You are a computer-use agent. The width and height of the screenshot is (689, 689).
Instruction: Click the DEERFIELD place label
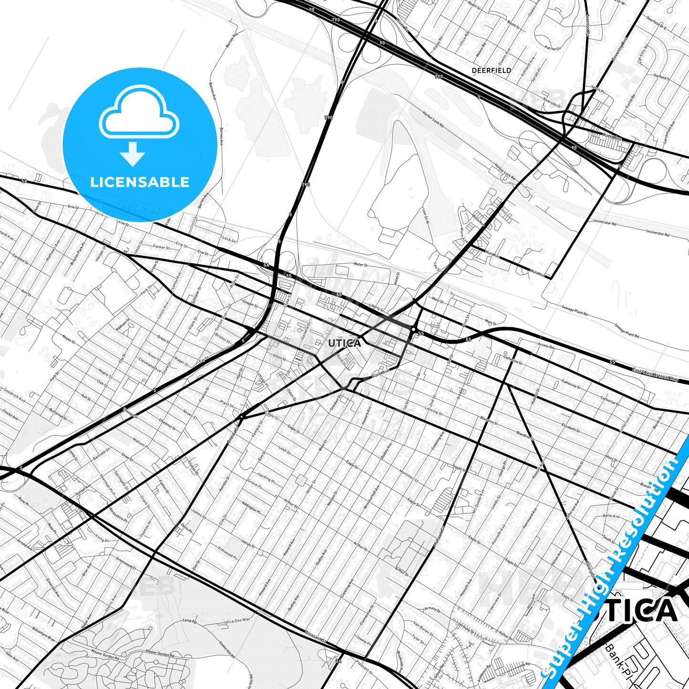click(491, 71)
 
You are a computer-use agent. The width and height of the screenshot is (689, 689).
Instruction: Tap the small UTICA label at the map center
click(344, 343)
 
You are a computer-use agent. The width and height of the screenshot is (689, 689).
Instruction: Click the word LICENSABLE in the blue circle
click(140, 182)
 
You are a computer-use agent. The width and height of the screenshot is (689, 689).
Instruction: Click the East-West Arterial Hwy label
click(655, 374)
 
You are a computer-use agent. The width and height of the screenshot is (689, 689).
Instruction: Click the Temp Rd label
click(189, 621)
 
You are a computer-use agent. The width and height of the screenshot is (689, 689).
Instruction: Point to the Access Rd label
click(545, 346)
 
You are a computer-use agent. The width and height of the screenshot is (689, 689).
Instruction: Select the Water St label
click(360, 264)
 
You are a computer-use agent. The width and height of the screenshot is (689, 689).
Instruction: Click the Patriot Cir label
click(553, 48)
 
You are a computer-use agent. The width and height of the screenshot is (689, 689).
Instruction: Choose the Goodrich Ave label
click(14, 394)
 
